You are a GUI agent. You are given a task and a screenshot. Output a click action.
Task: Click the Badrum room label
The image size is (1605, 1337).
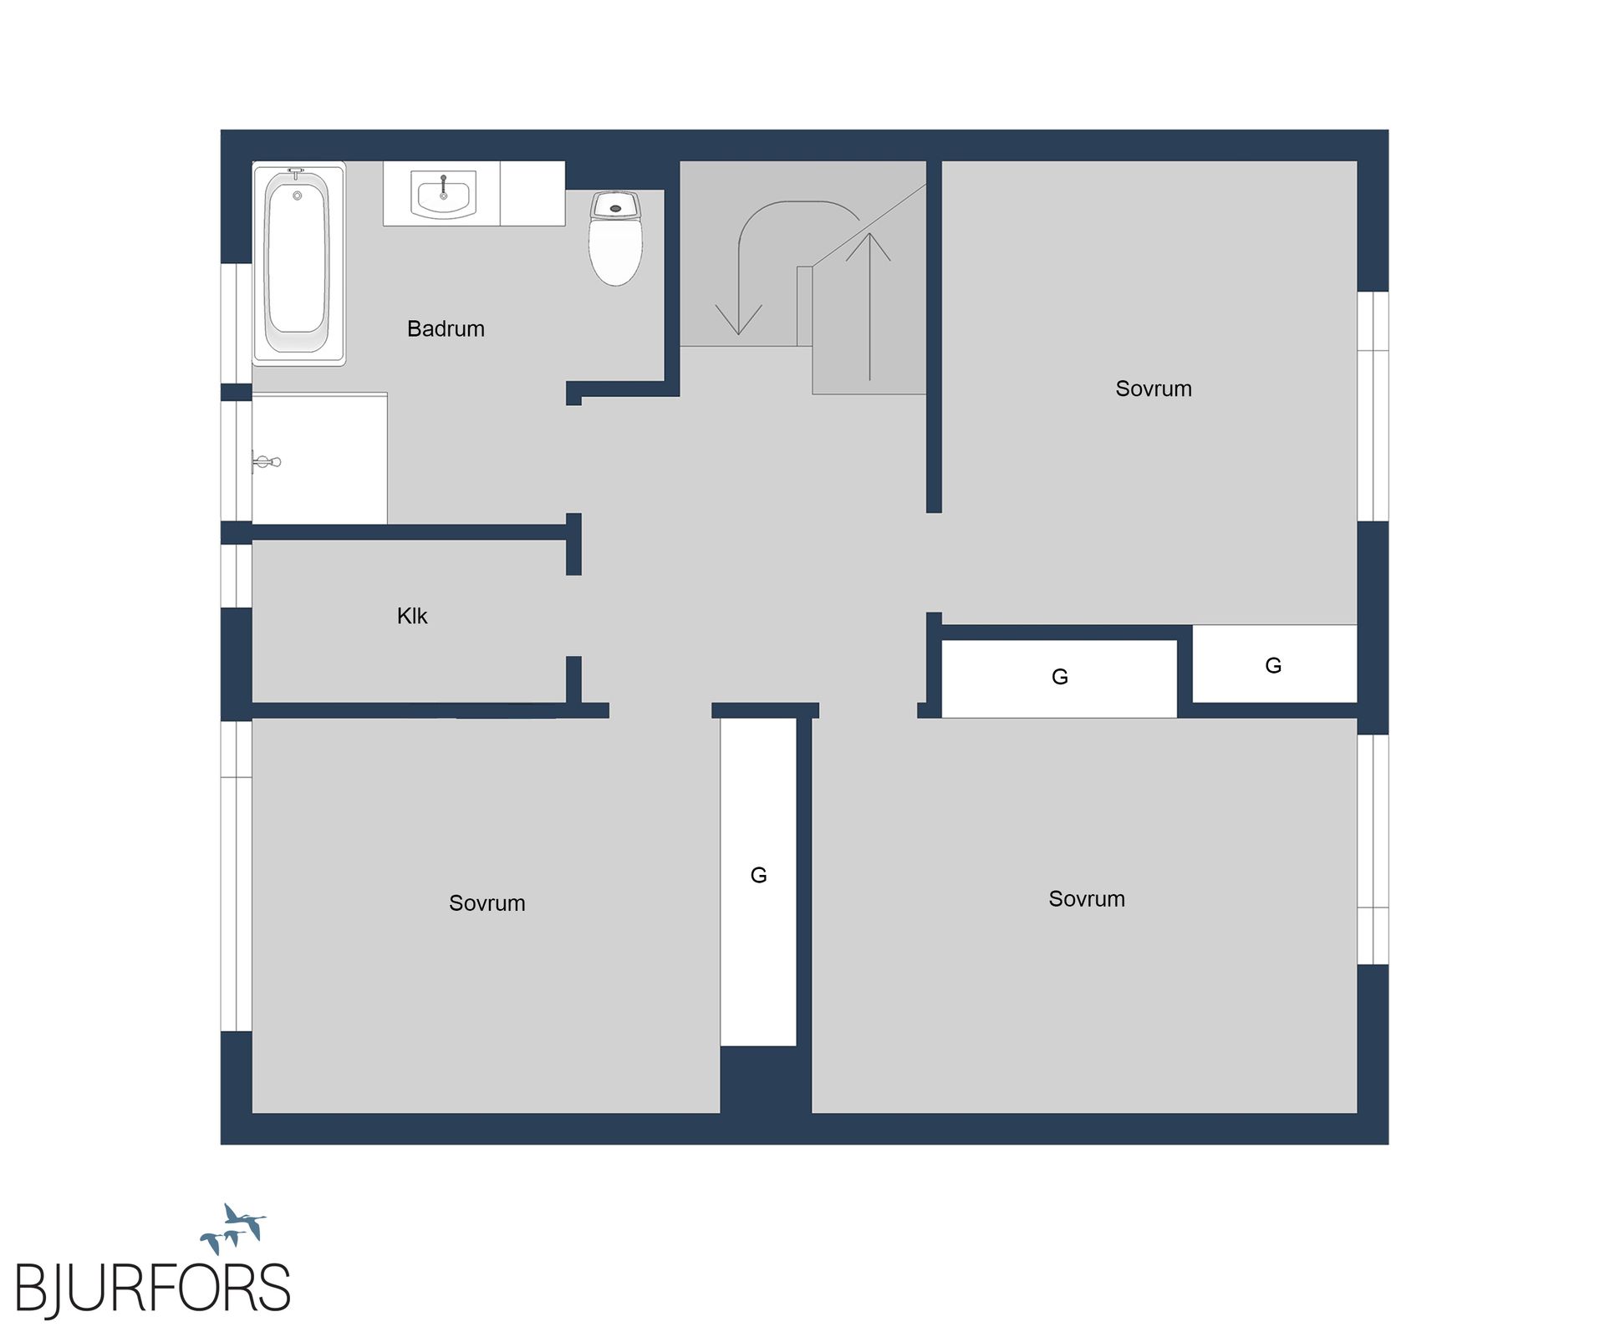[446, 328]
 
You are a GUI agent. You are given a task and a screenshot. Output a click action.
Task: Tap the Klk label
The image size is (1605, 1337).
[412, 616]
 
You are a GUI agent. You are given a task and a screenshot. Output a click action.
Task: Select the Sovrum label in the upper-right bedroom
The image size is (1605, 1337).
[1154, 389]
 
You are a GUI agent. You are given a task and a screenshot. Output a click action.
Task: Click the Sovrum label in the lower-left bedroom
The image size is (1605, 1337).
[487, 903]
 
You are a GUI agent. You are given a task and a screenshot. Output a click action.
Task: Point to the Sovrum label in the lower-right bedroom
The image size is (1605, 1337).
[1087, 899]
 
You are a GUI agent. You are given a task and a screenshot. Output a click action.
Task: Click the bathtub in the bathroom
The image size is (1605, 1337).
[299, 263]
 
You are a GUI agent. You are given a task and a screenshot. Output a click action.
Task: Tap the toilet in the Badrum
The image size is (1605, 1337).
[616, 238]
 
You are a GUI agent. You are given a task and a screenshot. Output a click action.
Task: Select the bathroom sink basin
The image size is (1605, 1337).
[443, 195]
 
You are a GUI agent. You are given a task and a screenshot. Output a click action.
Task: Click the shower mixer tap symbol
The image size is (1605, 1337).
[267, 461]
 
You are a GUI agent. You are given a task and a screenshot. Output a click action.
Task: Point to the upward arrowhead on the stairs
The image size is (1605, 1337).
[869, 247]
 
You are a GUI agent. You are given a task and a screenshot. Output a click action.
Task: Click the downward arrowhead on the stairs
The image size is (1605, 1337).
[739, 320]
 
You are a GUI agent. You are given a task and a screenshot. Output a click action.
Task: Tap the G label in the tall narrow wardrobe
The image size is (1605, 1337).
[759, 875]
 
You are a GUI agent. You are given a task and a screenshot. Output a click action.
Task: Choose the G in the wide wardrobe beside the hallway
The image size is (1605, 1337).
[1060, 677]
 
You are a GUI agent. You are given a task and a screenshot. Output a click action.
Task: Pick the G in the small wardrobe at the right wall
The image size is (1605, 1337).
[1273, 665]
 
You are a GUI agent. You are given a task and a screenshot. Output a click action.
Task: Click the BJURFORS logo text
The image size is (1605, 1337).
[153, 1287]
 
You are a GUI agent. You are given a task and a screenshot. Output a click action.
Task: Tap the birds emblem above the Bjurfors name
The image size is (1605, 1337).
[233, 1228]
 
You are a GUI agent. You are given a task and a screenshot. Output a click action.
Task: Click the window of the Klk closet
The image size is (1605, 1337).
[237, 576]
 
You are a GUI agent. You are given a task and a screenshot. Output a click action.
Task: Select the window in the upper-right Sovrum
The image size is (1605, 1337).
[1373, 406]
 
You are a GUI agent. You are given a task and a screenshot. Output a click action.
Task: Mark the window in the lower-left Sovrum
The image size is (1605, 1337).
[237, 876]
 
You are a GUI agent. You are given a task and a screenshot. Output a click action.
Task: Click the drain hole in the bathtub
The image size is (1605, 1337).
[297, 196]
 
